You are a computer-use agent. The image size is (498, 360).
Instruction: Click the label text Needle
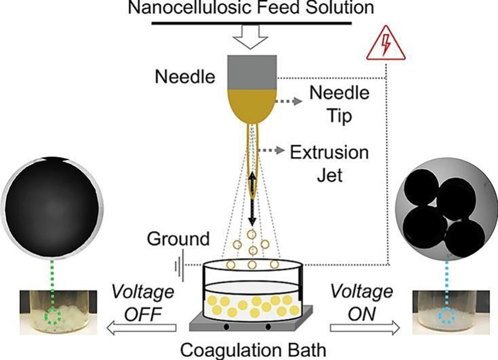tap(185, 78)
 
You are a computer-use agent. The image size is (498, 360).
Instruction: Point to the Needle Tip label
tap(339, 104)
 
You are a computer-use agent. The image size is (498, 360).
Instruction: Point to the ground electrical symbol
tap(179, 266)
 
